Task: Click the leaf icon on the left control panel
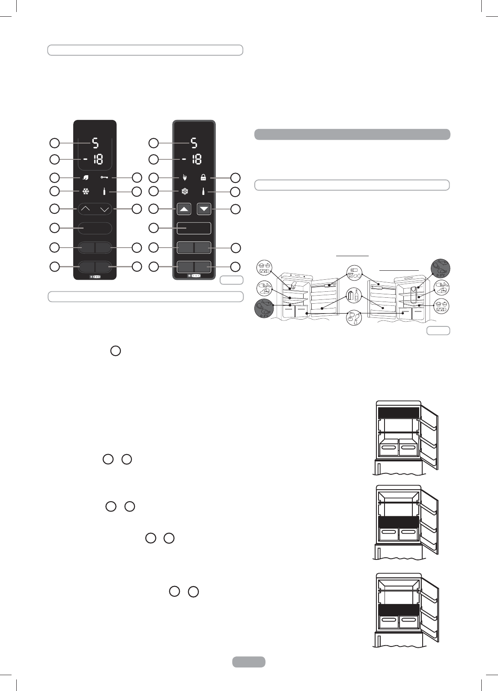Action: coord(86,177)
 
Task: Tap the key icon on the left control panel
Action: coord(104,177)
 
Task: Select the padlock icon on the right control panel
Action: coord(203,177)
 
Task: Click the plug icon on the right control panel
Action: coord(185,177)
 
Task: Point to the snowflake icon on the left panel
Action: coord(86,191)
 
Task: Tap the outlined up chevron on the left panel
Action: coord(86,209)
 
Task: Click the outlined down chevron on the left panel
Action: coord(104,209)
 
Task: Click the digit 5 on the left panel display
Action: coord(95,143)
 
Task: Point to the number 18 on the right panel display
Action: coord(196,159)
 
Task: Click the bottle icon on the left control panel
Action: coord(104,191)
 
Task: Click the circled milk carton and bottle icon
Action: coord(354,295)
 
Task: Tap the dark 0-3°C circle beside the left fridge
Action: coord(264,308)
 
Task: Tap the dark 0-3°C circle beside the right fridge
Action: coord(441,268)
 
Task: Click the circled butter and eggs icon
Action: coord(355,273)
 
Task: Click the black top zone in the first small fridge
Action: coord(398,413)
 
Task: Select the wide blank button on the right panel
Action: coord(194,228)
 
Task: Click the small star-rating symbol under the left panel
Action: coord(95,277)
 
